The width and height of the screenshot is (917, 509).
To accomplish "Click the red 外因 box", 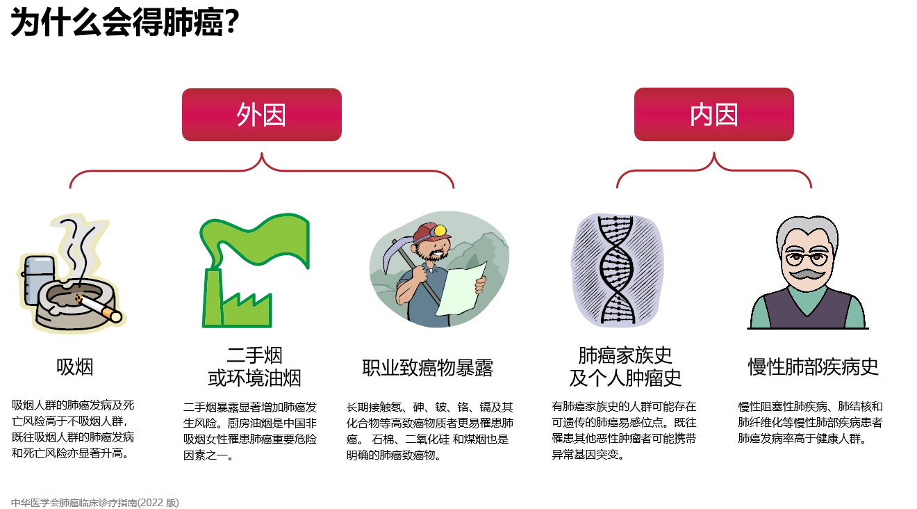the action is (262, 115).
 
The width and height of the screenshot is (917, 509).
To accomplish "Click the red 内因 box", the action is (714, 114).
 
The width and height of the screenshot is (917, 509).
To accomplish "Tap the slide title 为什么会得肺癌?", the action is (124, 22).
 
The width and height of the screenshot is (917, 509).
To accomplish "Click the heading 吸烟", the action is (74, 366).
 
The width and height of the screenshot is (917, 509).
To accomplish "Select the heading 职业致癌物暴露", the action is (427, 368).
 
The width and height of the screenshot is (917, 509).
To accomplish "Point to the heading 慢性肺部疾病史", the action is (813, 366).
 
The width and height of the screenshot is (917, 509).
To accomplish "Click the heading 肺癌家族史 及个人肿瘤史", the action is (625, 366).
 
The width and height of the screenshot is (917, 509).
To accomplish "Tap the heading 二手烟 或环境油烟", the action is (254, 366).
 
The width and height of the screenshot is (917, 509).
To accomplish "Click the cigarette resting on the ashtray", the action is (99, 308).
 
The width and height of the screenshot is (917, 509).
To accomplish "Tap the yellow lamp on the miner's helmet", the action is (440, 231).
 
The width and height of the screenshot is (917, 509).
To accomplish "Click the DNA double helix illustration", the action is (616, 269).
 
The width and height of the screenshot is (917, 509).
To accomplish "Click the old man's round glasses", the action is (807, 259).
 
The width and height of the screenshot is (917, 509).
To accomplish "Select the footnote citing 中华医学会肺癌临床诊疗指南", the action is (95, 503).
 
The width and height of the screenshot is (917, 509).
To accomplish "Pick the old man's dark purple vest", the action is (807, 308).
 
